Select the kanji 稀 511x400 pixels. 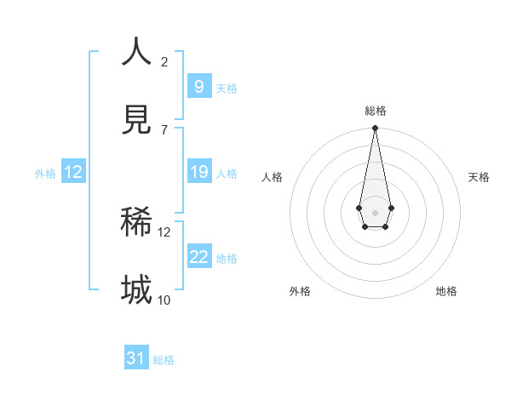[x=136, y=223]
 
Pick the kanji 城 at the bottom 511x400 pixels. [x=136, y=290]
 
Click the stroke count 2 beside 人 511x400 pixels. [x=164, y=61]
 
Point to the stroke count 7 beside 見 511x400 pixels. [x=164, y=129]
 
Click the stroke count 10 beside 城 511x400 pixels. [x=164, y=300]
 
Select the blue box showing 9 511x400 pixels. [x=198, y=86]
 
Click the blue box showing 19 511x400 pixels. [x=198, y=172]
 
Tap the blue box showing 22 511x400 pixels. [x=198, y=257]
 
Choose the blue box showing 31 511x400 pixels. [x=136, y=358]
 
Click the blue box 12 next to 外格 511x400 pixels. [x=73, y=172]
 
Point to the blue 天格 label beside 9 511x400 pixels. [x=227, y=88]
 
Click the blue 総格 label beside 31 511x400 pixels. [x=164, y=360]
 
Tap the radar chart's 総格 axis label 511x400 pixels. [x=375, y=111]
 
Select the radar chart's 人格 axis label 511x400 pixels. [x=273, y=177]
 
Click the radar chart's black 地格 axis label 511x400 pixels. [x=446, y=291]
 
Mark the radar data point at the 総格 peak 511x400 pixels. [x=375, y=128]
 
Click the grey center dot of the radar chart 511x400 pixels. [x=375, y=211]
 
